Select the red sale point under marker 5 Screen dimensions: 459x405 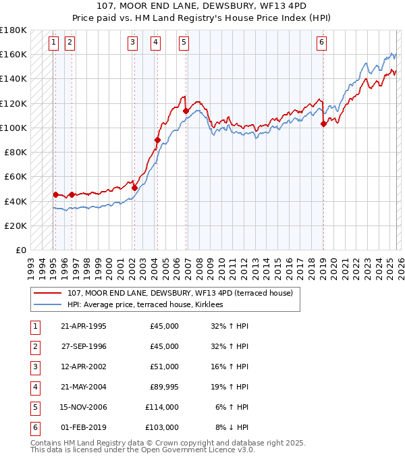coord(186,111)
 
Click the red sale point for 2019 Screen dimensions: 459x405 coord(323,124)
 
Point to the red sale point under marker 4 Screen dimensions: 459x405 coord(157,140)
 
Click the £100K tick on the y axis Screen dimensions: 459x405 coord(13,128)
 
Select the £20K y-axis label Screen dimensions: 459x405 coord(16,225)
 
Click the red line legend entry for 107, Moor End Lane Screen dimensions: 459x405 coord(180,294)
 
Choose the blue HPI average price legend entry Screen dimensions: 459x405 coord(149,305)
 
